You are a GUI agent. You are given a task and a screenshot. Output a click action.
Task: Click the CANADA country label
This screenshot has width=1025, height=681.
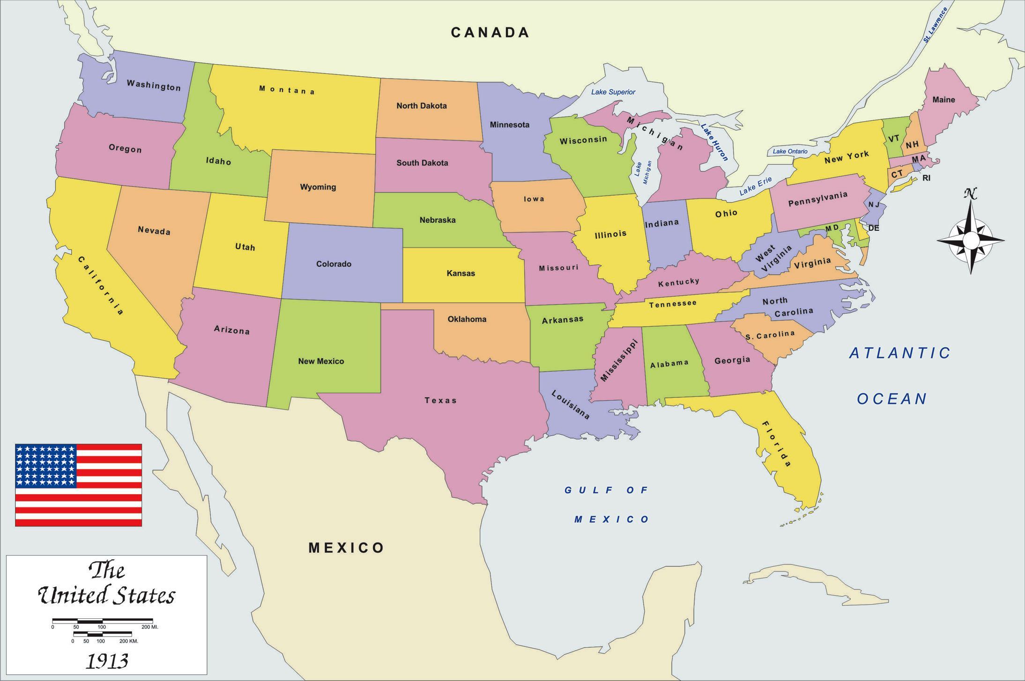[490, 32]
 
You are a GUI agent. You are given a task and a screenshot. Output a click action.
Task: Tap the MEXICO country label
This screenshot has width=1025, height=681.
[346, 548]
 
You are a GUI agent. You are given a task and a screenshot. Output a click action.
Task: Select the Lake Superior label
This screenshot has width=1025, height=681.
[613, 92]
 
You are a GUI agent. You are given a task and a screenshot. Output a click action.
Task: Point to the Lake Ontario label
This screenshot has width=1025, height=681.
[790, 151]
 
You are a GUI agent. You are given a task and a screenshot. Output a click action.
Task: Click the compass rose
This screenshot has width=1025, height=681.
[971, 240]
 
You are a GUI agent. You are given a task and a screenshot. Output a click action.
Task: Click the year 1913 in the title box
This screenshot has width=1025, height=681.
[107, 661]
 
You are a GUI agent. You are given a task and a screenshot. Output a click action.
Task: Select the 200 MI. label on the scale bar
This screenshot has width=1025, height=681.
[150, 627]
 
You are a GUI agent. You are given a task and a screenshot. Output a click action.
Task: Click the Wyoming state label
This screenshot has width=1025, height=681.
[318, 187]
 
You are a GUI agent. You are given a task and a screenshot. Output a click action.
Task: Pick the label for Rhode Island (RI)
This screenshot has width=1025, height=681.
[926, 178]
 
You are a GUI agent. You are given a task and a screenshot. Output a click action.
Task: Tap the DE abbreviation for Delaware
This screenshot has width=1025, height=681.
[874, 228]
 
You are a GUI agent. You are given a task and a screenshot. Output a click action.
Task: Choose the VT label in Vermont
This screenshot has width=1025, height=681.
[894, 139]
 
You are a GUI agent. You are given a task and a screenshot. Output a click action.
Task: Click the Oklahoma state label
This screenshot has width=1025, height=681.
[467, 319]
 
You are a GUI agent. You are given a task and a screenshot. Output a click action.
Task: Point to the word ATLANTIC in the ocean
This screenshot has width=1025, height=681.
[900, 353]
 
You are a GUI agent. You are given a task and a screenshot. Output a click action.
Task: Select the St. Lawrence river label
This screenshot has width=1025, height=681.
[935, 26]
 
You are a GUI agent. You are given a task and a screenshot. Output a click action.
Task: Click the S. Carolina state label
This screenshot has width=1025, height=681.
[770, 335]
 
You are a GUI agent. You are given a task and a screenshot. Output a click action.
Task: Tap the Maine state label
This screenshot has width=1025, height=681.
[943, 100]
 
